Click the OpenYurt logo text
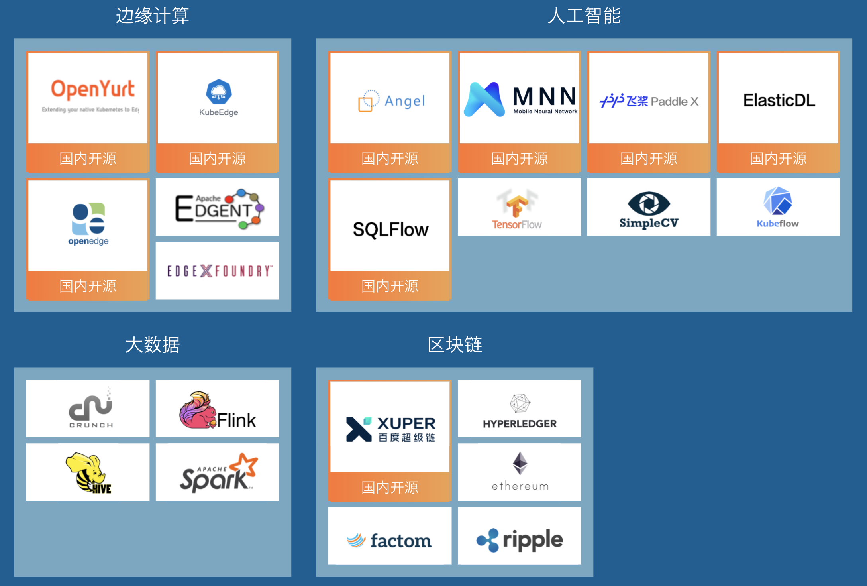(x=92, y=89)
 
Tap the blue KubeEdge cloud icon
(x=219, y=92)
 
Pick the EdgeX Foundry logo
(x=219, y=271)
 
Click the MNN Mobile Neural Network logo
(x=520, y=100)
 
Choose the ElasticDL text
(x=779, y=100)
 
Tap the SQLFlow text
(x=390, y=230)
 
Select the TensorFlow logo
(x=517, y=209)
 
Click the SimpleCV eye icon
(x=649, y=204)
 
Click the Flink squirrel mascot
(x=197, y=411)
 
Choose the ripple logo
(x=520, y=540)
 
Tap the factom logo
(x=389, y=541)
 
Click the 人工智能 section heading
(x=584, y=16)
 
